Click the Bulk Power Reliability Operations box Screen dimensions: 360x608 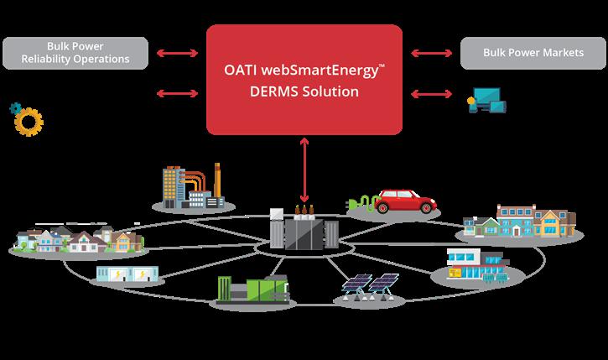[75, 52]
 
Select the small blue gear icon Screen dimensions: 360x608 [14, 108]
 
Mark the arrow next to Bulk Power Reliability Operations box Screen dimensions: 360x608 [178, 53]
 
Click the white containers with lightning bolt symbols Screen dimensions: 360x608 [127, 274]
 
